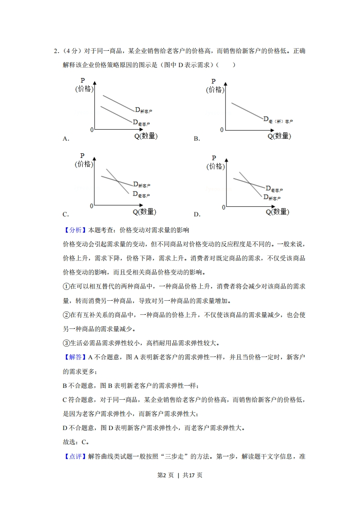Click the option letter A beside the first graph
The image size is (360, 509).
tap(66, 139)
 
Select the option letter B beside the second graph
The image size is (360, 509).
tap(197, 139)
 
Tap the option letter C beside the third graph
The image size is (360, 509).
tap(66, 215)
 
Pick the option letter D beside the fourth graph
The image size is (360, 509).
tap(197, 215)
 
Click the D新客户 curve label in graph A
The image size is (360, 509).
tap(143, 109)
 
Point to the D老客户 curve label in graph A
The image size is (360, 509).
tap(141, 122)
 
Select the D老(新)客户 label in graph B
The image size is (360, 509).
tap(278, 120)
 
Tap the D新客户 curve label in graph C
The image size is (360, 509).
tap(142, 184)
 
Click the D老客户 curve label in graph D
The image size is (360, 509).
tap(274, 188)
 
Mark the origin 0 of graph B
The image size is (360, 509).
tap(222, 130)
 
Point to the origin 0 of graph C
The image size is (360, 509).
tap(91, 206)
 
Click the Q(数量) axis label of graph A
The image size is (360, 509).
tap(146, 136)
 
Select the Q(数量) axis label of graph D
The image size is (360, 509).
tap(277, 212)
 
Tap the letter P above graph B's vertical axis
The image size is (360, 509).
tap(214, 81)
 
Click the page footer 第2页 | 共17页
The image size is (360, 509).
tap(180, 475)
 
